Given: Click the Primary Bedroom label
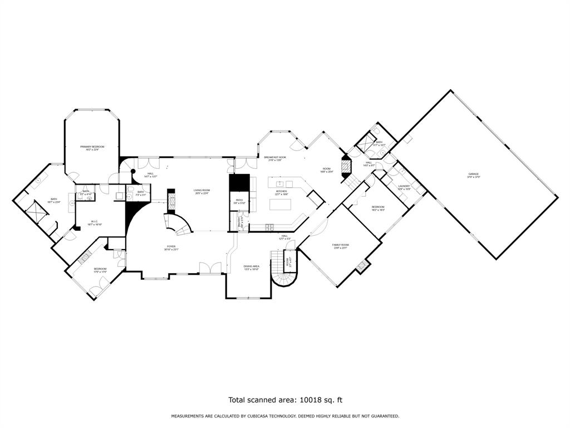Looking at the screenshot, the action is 92,147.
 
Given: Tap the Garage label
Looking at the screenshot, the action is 473,174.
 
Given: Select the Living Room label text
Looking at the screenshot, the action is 201,191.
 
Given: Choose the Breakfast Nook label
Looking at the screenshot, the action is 275,158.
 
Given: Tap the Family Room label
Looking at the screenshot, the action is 340,245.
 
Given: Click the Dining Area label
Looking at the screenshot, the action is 252,266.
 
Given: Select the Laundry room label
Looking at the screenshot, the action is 404,186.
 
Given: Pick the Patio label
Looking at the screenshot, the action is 239,200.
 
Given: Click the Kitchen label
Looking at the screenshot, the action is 281,191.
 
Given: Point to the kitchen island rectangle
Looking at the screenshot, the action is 281,204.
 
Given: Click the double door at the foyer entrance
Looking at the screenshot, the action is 210,268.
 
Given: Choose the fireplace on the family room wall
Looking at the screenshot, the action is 362,266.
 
